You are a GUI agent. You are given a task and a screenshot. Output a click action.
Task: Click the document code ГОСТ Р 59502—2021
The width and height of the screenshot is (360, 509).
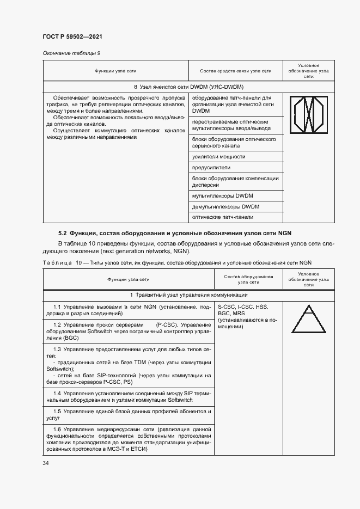(x=72, y=36)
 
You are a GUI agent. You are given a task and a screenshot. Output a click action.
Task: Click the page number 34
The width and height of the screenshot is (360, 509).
(x=45, y=463)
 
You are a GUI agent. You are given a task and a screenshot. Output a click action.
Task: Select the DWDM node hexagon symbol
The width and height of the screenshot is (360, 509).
(x=309, y=115)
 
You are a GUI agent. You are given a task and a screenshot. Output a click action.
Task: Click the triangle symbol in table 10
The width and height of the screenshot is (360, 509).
(x=309, y=318)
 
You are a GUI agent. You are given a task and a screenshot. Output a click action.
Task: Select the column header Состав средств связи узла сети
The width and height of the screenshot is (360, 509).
(x=235, y=71)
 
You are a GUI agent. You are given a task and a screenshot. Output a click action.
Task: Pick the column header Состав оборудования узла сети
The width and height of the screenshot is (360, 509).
(x=248, y=279)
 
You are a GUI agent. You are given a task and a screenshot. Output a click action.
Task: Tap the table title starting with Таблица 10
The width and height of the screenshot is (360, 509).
(x=177, y=262)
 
